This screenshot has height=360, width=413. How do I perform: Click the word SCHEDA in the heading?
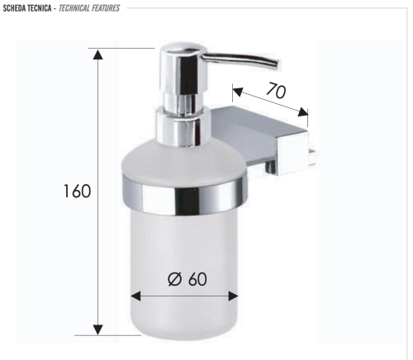[x=17, y=8]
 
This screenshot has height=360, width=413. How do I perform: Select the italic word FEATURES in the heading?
[x=107, y=8]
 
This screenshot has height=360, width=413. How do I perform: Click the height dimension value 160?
[x=77, y=192]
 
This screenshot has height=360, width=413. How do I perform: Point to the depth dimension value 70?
[x=276, y=92]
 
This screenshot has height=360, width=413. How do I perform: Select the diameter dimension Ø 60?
[x=187, y=278]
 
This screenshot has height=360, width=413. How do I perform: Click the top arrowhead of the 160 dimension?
[x=98, y=54]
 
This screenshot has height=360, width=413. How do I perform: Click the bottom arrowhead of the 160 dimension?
[x=98, y=329]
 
